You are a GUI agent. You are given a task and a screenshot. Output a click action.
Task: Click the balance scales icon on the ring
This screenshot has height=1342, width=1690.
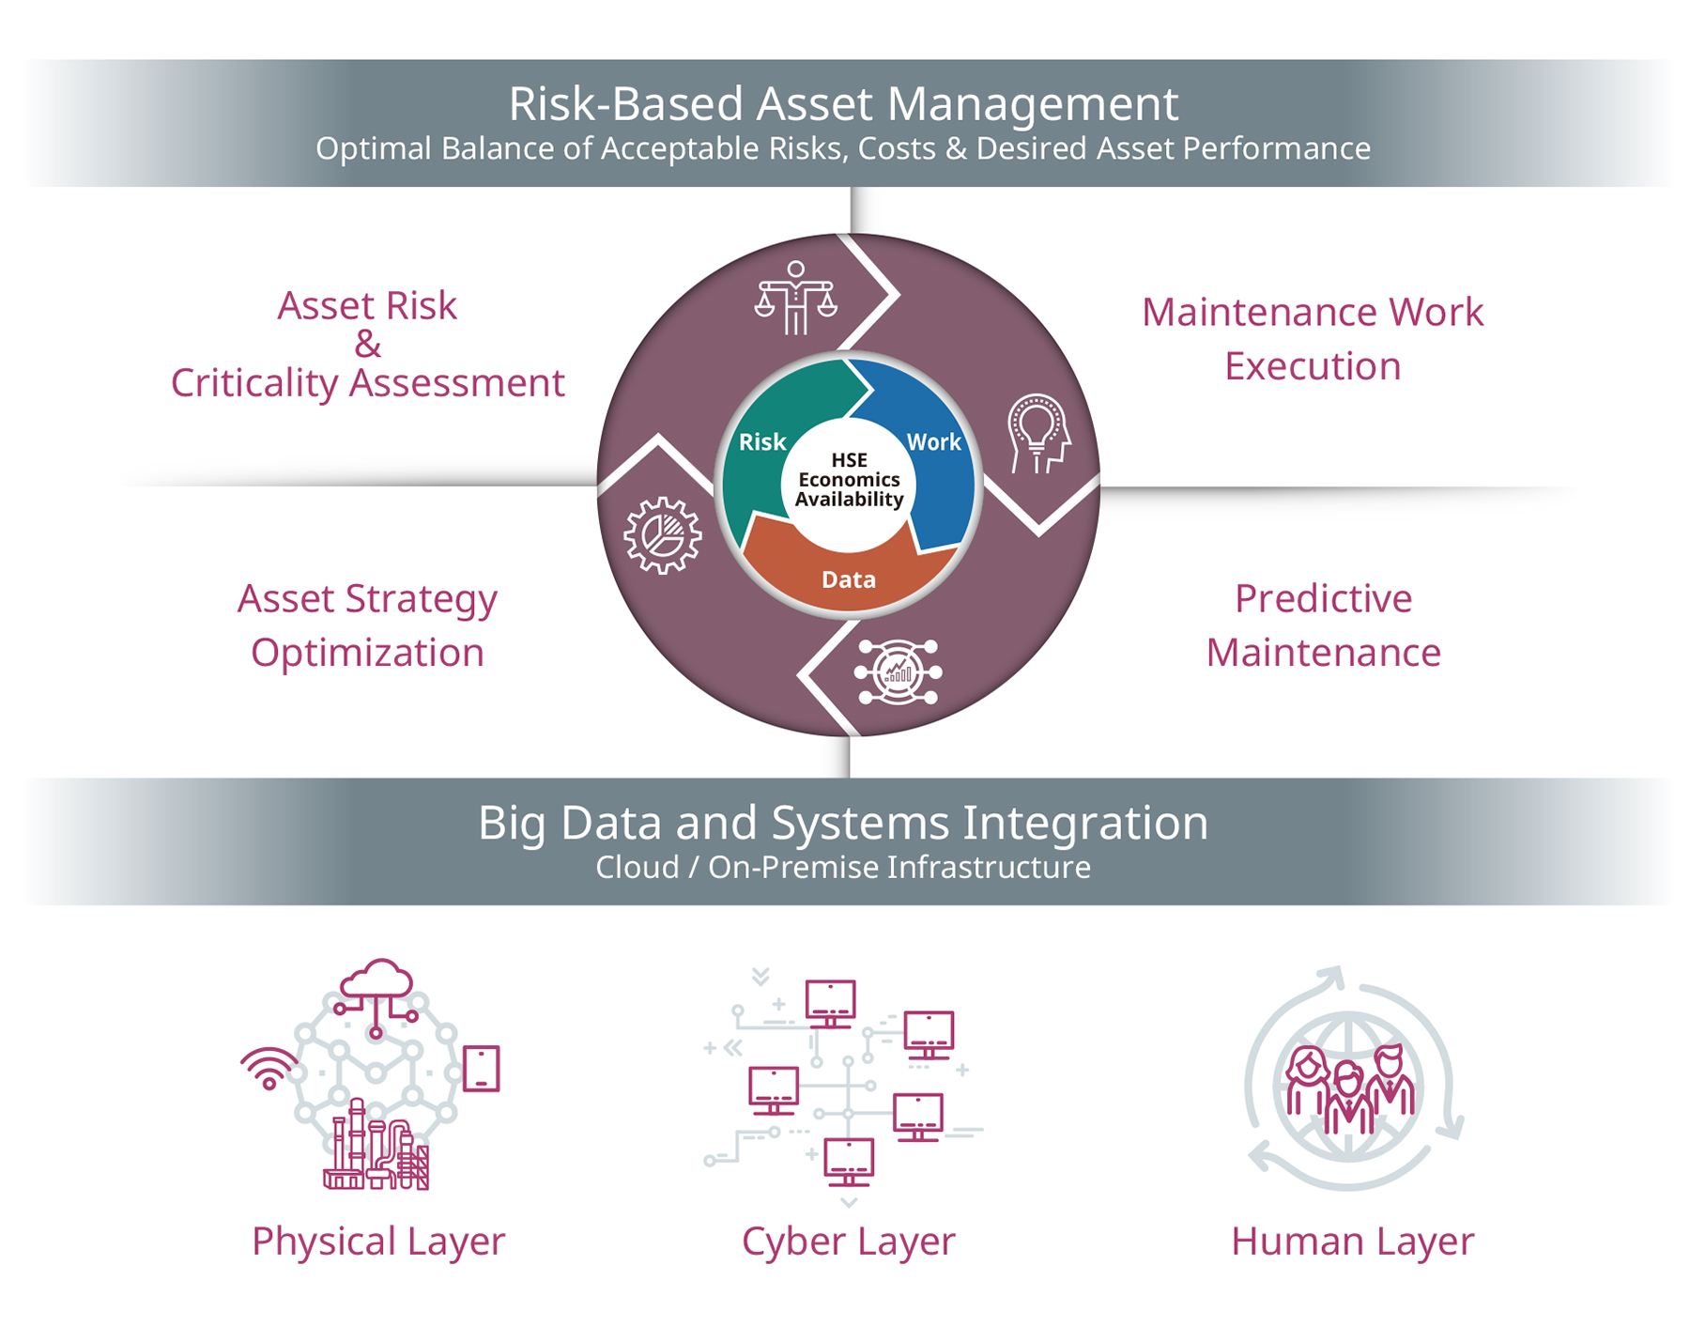coord(795,299)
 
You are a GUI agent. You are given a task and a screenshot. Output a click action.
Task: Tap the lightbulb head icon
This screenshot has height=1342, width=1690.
coord(1037,433)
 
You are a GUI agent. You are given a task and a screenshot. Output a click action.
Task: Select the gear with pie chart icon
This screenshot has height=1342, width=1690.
coord(663,534)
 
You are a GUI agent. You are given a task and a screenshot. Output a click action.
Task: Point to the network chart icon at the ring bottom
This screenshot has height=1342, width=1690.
coord(897,671)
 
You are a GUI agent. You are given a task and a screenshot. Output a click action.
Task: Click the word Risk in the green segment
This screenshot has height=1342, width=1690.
coord(761,442)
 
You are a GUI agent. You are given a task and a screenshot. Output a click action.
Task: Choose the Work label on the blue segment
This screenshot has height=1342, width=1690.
coord(933,442)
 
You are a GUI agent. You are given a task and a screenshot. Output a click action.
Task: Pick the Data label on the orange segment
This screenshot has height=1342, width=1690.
coord(848,579)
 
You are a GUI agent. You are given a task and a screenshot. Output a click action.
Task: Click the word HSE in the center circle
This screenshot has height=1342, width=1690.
coord(849,460)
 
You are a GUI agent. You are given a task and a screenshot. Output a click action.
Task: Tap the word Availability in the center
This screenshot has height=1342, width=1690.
coord(849,500)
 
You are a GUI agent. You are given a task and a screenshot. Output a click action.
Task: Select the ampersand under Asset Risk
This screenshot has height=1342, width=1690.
coord(367,345)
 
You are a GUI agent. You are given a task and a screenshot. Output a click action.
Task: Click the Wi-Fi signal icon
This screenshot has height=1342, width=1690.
coord(269,1068)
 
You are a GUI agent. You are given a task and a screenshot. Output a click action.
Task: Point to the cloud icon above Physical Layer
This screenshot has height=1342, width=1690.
coord(376,981)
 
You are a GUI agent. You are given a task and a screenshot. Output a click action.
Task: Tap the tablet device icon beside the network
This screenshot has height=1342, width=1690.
coord(482,1069)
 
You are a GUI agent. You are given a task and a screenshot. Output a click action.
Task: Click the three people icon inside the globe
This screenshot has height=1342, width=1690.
coord(1349,1089)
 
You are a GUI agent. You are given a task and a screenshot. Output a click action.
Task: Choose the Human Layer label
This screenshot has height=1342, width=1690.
coord(1352,1241)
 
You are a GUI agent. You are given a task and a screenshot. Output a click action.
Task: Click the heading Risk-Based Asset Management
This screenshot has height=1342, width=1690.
coord(843,103)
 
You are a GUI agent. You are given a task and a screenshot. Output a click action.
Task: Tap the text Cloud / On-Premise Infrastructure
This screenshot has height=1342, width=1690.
coord(843,867)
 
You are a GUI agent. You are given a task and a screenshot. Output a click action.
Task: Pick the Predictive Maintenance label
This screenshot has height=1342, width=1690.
coord(1323,625)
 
